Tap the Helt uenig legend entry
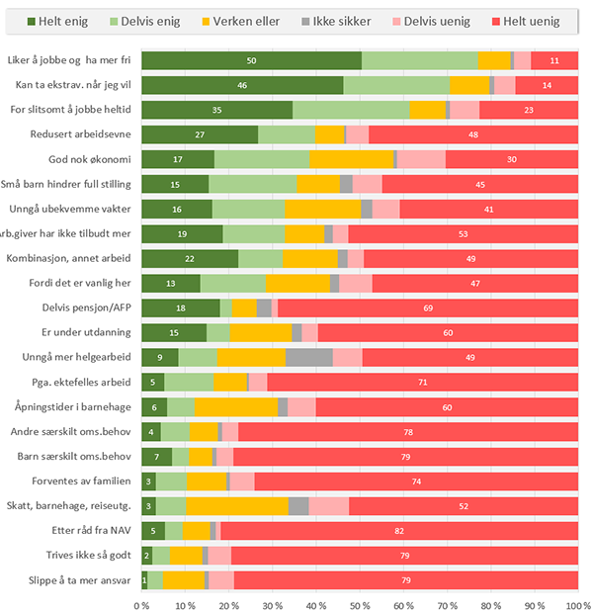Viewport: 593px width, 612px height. pyautogui.click(x=527, y=21)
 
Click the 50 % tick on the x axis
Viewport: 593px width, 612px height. pyautogui.click(x=361, y=602)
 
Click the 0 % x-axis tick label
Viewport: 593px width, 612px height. pyautogui.click(x=142, y=602)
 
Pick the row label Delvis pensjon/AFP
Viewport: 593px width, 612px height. pyautogui.click(x=88, y=308)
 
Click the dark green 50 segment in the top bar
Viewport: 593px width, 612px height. pyautogui.click(x=251, y=61)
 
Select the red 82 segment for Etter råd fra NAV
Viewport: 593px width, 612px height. pyautogui.click(x=398, y=530)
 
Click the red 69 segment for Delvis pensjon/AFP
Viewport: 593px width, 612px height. pyautogui.click(x=427, y=308)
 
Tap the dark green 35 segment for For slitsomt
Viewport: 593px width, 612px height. pyautogui.click(x=217, y=110)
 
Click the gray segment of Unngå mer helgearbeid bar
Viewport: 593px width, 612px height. pyautogui.click(x=309, y=358)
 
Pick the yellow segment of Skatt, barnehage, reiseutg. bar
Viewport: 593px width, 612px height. pyautogui.click(x=237, y=506)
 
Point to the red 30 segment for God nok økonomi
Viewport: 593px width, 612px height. pyautogui.click(x=512, y=159)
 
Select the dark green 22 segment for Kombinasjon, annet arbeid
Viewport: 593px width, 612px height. pyautogui.click(x=190, y=259)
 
